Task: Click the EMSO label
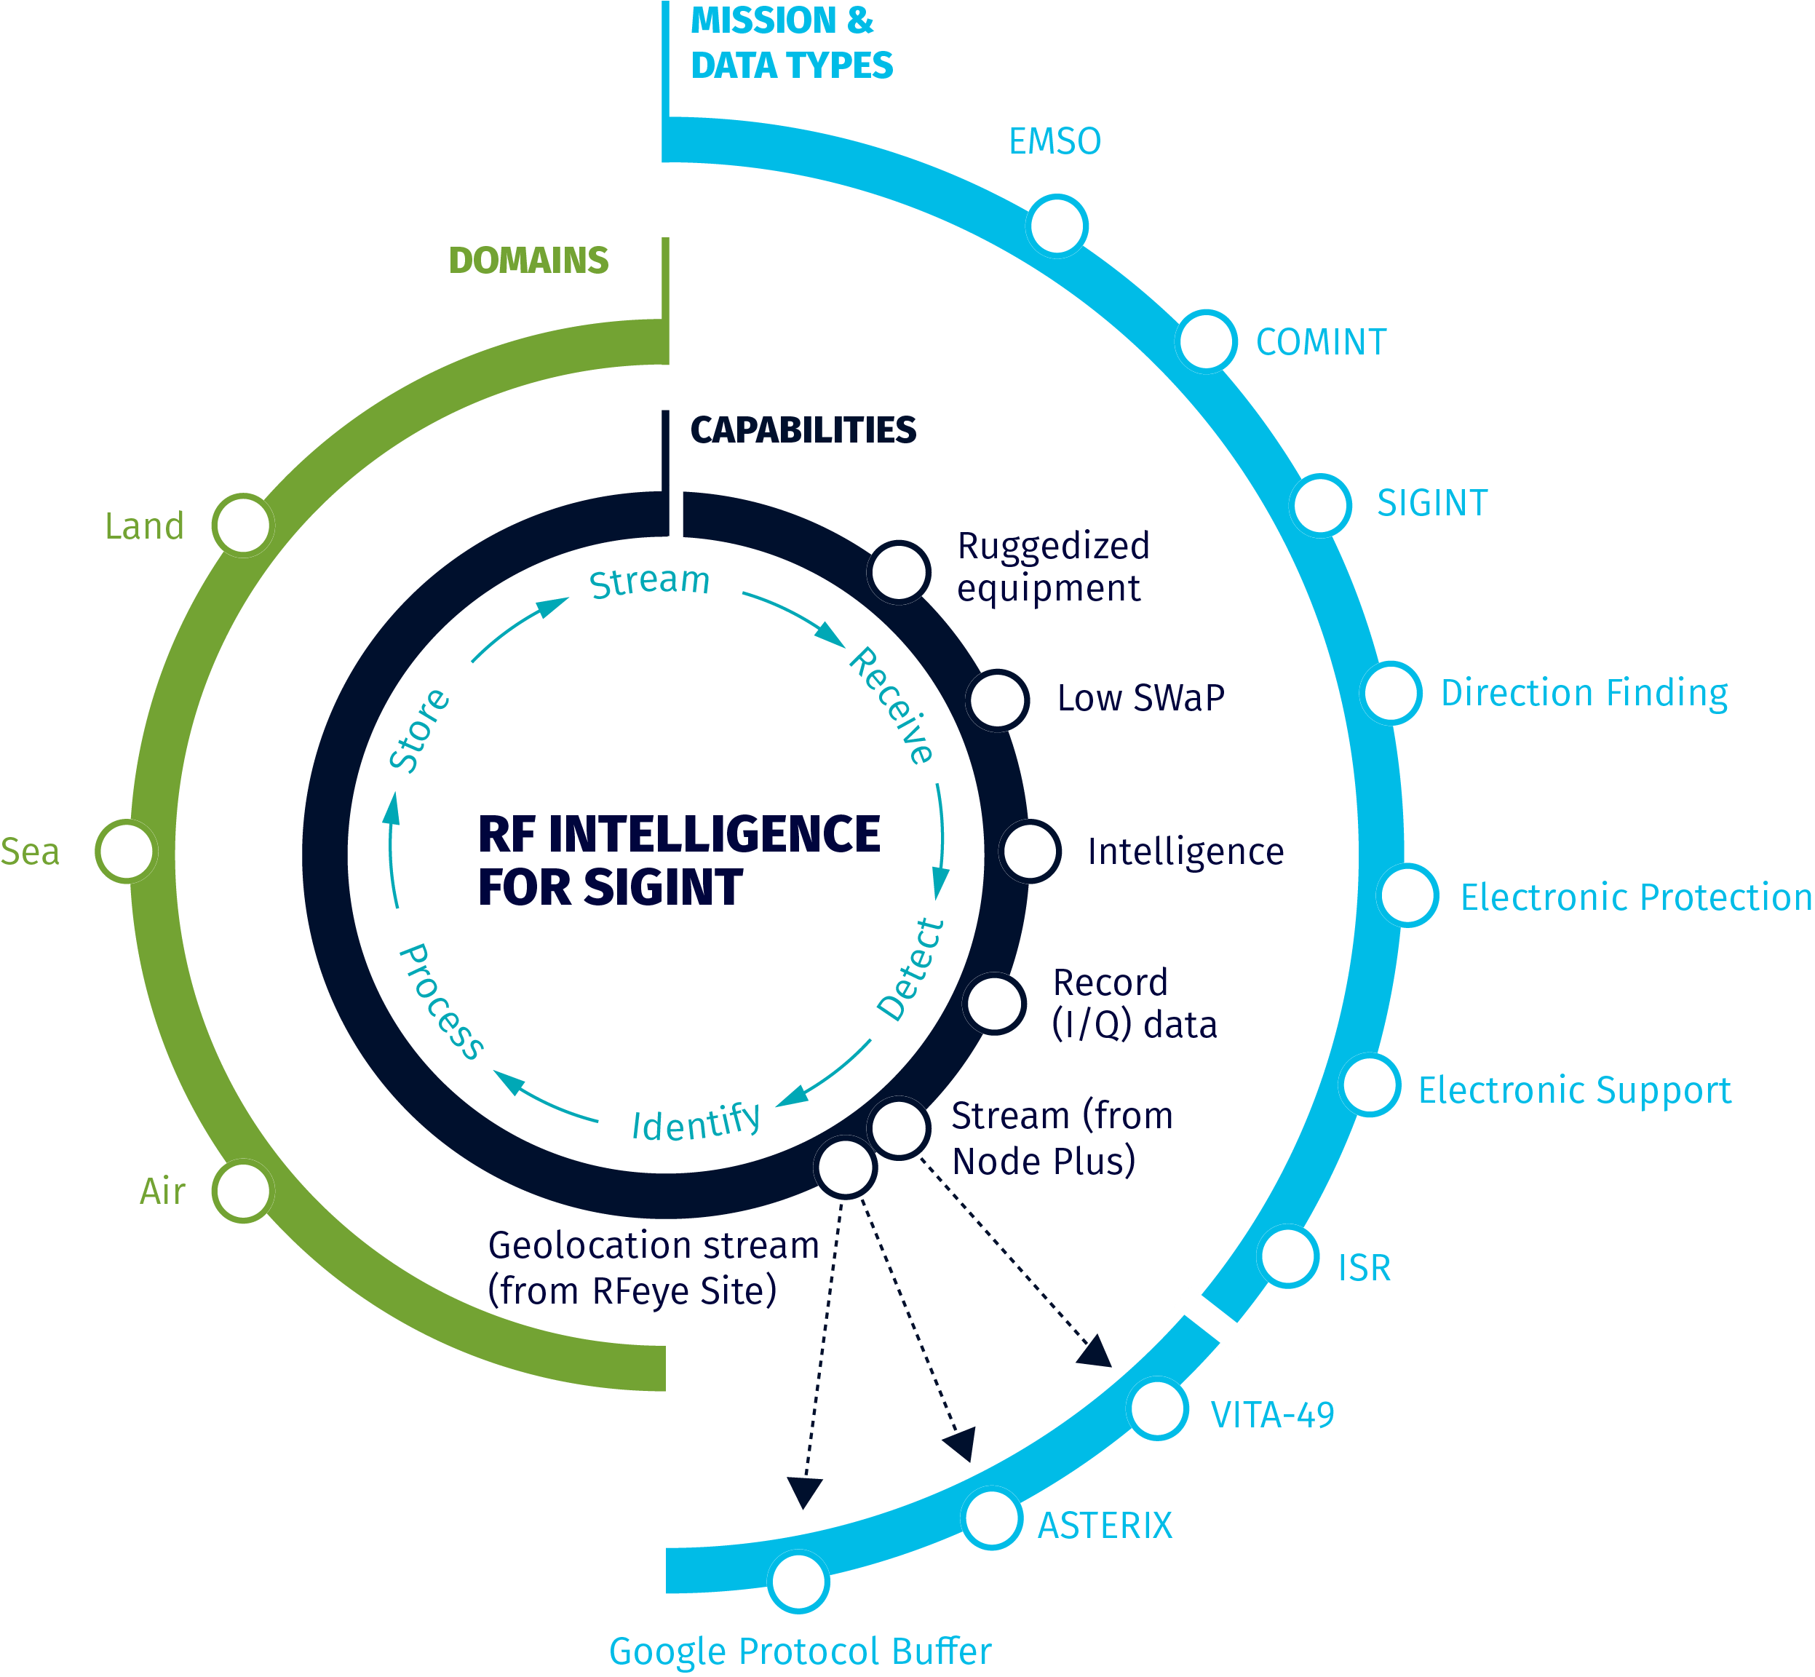click(1055, 141)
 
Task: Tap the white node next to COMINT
click(1206, 341)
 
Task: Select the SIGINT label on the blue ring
click(1432, 503)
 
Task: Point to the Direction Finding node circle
click(1390, 692)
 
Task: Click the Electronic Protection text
click(1635, 897)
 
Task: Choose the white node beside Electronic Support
click(1370, 1085)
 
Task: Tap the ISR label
click(1364, 1268)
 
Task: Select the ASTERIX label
click(1105, 1526)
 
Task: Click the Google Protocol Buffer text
click(800, 1651)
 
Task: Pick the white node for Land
click(243, 525)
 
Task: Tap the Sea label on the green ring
click(30, 851)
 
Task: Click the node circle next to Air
click(243, 1191)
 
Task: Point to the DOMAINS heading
click(528, 261)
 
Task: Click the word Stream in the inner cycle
click(649, 581)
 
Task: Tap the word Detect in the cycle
click(910, 970)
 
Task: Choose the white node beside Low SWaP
click(997, 699)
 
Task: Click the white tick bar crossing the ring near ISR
click(1217, 1325)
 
